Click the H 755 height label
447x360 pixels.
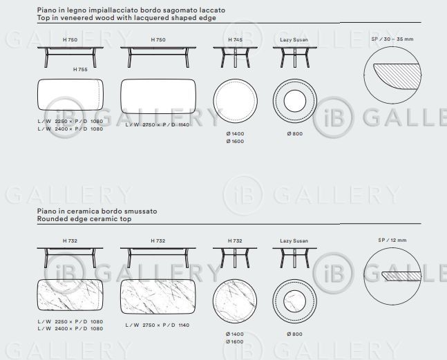click(80, 70)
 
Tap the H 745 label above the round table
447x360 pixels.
click(235, 40)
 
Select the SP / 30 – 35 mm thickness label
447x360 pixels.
click(392, 39)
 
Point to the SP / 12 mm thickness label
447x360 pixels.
click(392, 240)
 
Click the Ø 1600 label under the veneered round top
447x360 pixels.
click(235, 142)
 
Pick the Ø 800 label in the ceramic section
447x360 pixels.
click(294, 334)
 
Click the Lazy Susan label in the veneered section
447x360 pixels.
click(294, 40)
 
